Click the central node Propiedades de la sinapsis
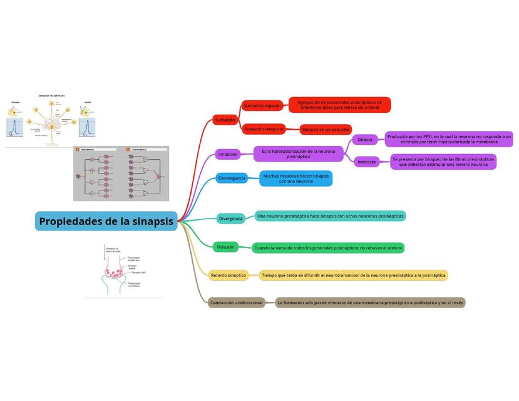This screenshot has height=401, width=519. tap(106, 221)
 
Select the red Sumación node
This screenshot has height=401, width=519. tap(225, 119)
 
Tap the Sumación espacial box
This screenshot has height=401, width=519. tap(262, 106)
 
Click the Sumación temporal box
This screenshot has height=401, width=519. tap(264, 129)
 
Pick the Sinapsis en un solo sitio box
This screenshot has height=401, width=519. tap(326, 130)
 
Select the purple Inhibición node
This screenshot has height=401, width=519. tap(227, 154)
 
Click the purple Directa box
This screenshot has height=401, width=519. tap(365, 140)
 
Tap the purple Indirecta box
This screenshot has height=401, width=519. tap(367, 162)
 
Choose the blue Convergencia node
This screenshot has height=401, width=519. tap(231, 178)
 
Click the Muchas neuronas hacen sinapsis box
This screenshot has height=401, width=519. tap(295, 179)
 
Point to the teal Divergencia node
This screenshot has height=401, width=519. tap(231, 219)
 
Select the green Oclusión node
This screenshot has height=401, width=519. tap(226, 247)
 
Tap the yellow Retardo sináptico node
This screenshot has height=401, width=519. tap(229, 275)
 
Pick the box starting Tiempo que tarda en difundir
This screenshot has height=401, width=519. tap(353, 275)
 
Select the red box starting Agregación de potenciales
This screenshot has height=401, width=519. tap(340, 105)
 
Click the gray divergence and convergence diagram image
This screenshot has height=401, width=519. tap(121, 174)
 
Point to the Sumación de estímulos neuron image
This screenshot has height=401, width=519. tap(51, 120)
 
